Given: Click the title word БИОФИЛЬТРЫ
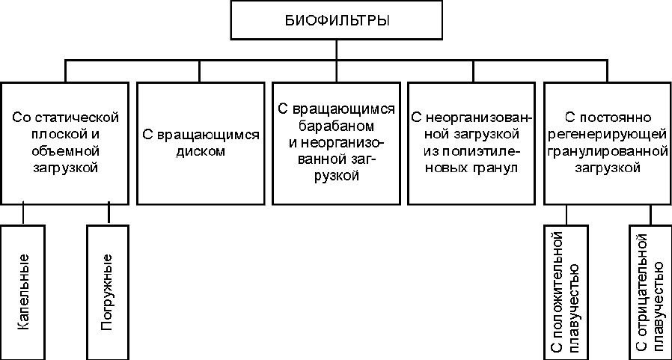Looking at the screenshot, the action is point(337,20).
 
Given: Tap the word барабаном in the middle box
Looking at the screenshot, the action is point(337,126).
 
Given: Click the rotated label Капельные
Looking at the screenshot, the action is point(23,292).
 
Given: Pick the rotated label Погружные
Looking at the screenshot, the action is point(107,292).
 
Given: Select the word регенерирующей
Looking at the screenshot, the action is point(608,134).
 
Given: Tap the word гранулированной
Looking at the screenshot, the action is point(608,151).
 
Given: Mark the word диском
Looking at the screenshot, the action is point(201,152).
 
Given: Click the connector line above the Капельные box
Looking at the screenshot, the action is point(23,214).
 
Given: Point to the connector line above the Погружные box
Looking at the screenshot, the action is point(109,214).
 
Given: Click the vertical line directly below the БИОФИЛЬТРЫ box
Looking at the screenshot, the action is point(337,49).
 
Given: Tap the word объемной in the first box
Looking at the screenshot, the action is point(64,151).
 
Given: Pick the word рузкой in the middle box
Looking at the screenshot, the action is point(337,177).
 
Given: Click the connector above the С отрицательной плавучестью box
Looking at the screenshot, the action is point(650,214).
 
